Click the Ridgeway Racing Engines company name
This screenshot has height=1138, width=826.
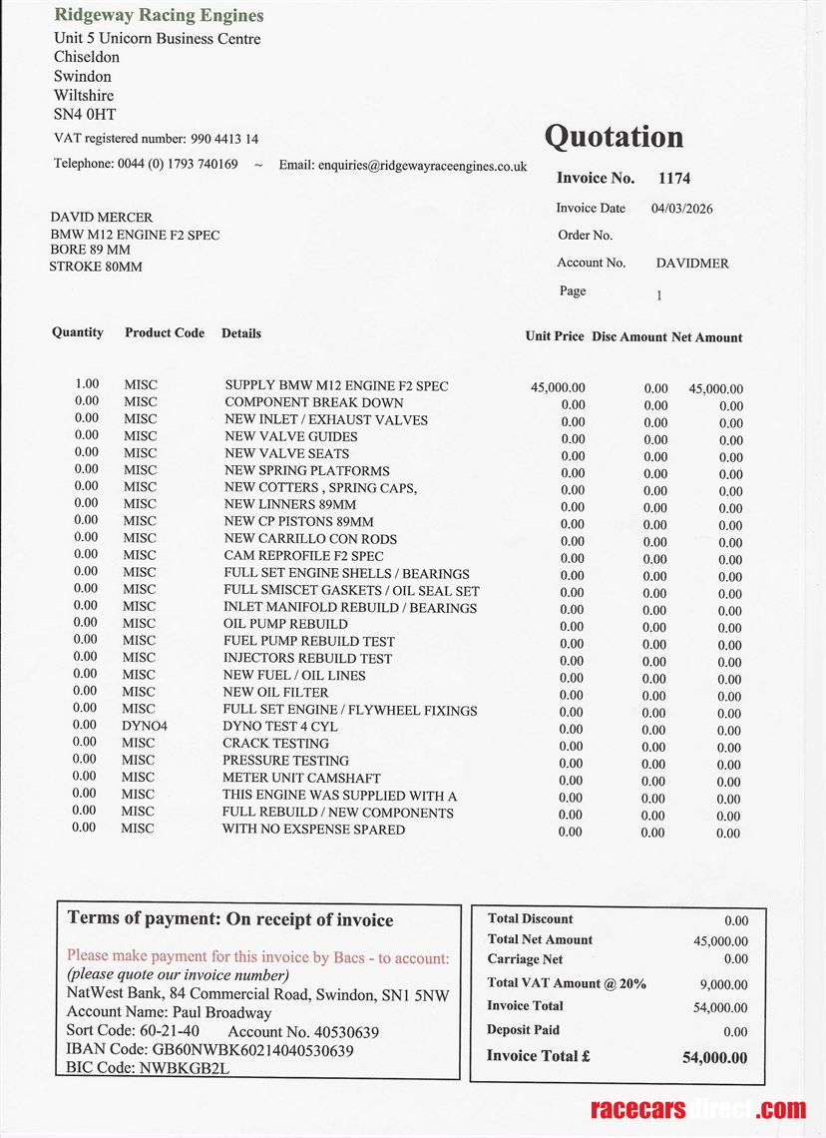tap(159, 15)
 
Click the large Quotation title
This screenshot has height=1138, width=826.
tap(614, 137)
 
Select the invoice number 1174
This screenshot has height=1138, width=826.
tap(674, 179)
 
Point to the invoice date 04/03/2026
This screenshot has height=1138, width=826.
tap(681, 209)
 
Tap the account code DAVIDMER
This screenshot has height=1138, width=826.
tap(692, 264)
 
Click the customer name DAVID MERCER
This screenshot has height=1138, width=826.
tap(102, 217)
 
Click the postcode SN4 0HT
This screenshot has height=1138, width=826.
tap(85, 115)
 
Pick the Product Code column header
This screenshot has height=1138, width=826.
tap(165, 332)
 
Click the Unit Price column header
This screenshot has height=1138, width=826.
tap(555, 336)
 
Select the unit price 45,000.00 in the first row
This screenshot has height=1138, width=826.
tap(559, 387)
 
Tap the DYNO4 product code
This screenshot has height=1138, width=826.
tap(145, 727)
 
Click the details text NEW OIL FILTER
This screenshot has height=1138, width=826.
tap(275, 693)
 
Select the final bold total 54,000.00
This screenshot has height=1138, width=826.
tap(714, 1057)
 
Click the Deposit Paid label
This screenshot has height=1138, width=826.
tap(523, 1030)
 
